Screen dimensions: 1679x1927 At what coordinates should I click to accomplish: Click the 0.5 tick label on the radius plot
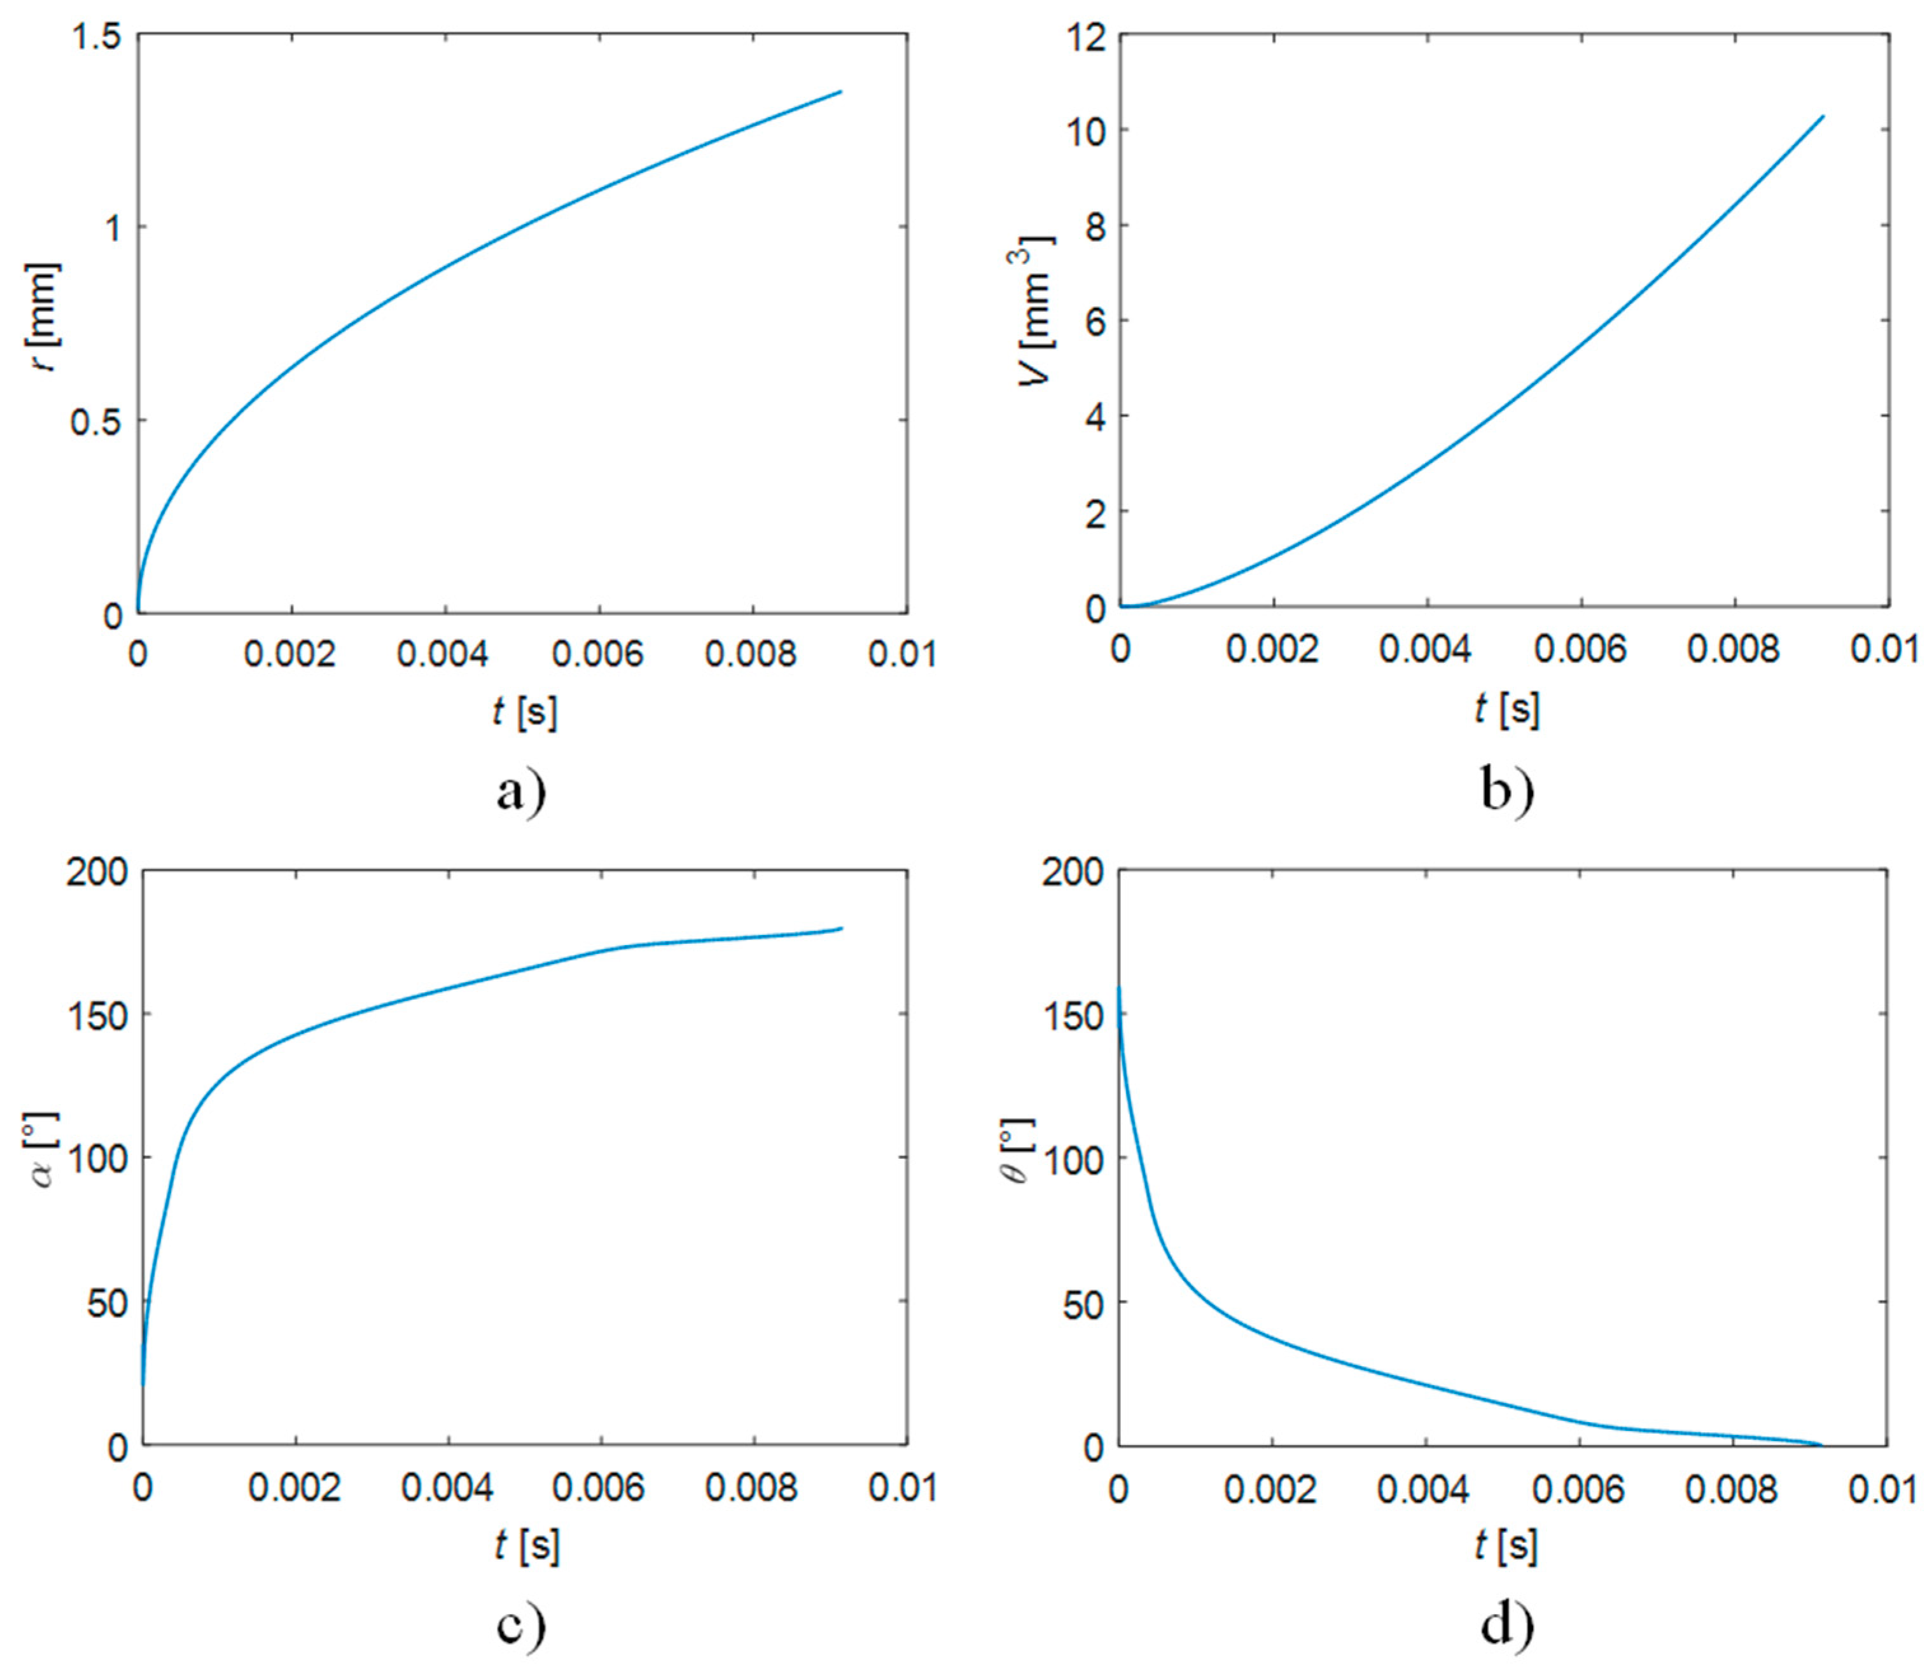[97, 422]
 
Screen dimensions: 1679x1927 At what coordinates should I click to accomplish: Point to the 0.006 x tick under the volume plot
[1580, 648]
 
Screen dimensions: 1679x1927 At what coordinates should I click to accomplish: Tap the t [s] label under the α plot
[527, 1547]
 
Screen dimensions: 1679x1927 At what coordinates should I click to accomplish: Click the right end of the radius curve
[841, 92]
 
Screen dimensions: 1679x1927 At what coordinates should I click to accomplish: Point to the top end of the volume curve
[1823, 142]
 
